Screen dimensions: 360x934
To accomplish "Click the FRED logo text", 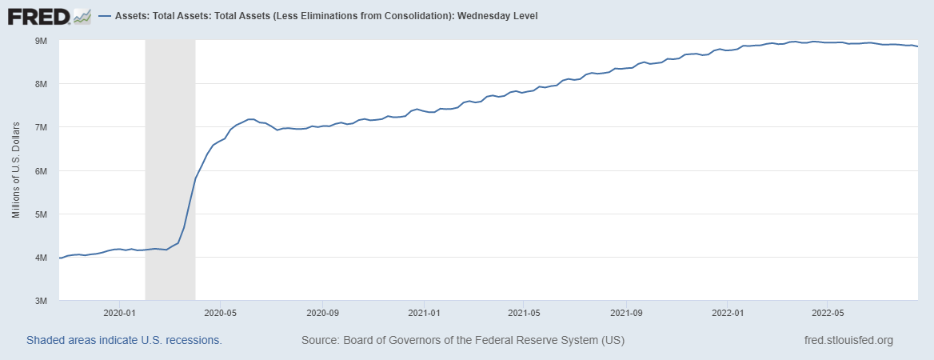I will pos(38,15).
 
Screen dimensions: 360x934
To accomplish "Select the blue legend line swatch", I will pos(105,16).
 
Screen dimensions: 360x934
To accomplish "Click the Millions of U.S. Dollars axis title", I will pos(16,170).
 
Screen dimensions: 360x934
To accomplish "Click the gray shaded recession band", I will pos(170,160).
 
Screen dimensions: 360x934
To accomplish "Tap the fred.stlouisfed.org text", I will pos(848,341).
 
